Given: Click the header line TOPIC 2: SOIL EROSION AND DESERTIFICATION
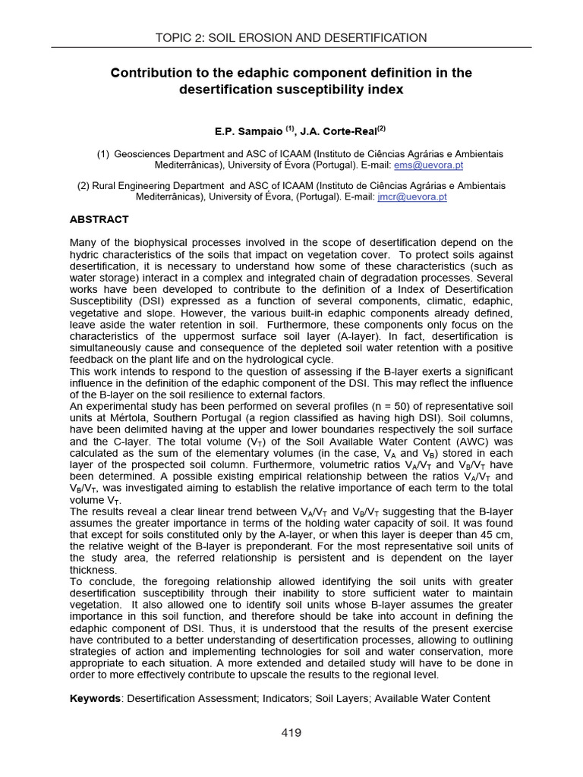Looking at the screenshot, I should pyautogui.click(x=291, y=37).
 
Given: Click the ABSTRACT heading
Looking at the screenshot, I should pyautogui.click(x=99, y=219).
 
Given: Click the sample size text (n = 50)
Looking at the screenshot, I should pyautogui.click(x=389, y=406).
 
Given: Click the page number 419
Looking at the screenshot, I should pyautogui.click(x=291, y=732).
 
